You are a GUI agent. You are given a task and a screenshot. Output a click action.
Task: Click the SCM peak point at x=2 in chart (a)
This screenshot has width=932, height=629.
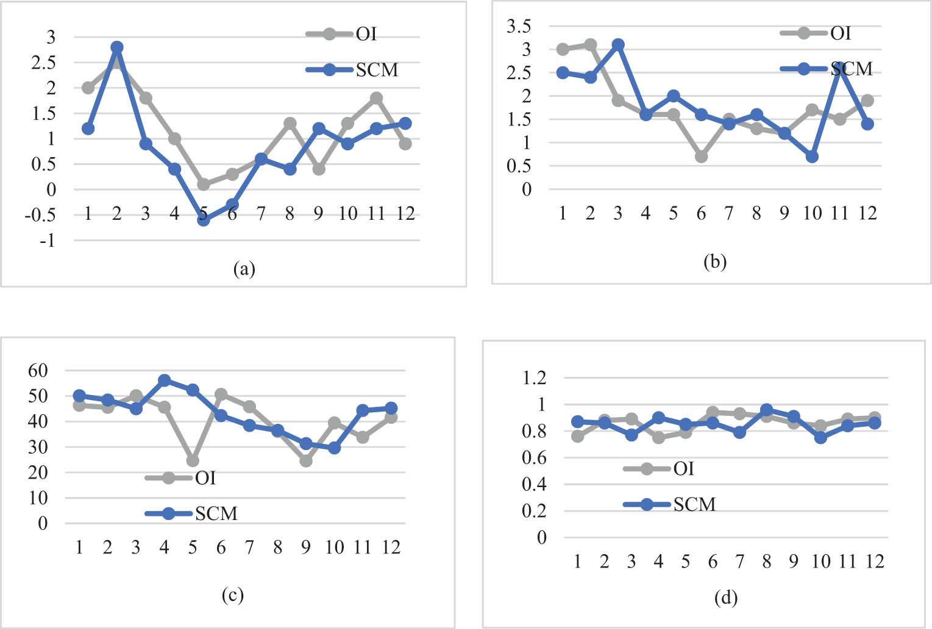(117, 47)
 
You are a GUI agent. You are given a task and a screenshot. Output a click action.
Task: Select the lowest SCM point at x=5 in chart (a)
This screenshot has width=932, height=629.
(204, 220)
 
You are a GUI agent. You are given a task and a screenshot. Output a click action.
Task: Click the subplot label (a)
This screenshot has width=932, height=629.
(244, 269)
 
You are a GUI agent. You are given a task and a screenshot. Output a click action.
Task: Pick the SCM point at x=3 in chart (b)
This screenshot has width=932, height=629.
(618, 45)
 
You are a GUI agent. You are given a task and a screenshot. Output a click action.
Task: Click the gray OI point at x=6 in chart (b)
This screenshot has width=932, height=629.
(701, 156)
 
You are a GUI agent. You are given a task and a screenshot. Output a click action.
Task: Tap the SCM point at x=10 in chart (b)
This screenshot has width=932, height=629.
(812, 156)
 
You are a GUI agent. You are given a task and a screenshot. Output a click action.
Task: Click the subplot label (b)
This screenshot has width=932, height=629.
(715, 262)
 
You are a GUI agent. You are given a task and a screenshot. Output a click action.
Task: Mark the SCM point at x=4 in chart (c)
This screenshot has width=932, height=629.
(164, 381)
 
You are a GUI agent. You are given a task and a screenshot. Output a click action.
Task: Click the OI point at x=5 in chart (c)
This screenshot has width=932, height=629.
(193, 460)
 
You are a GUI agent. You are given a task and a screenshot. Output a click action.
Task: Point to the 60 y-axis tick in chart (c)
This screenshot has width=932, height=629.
(38, 370)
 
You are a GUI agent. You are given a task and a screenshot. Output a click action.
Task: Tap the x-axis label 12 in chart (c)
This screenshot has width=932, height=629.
(391, 547)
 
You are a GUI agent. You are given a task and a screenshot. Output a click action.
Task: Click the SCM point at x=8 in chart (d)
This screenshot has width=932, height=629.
(767, 410)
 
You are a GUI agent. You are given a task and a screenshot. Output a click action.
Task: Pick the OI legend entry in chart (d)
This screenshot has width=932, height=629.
(659, 469)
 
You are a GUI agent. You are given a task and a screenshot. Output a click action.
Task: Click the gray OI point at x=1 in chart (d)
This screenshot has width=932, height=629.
(578, 436)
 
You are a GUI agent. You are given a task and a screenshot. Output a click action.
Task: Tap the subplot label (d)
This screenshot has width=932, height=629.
(725, 599)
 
